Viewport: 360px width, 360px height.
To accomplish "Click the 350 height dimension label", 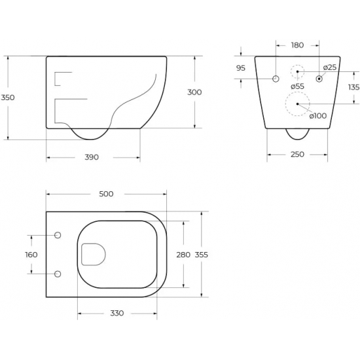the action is [x=8, y=98].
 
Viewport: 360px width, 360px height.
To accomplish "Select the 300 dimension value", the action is [x=194, y=92].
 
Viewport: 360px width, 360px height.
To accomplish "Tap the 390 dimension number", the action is [x=92, y=157].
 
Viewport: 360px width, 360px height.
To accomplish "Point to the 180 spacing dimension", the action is [x=297, y=45].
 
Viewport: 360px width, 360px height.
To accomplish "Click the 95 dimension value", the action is [x=241, y=68].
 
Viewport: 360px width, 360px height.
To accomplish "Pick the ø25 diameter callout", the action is [x=330, y=67].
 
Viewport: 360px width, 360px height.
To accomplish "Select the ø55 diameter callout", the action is [x=297, y=86].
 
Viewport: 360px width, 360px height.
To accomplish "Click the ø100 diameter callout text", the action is [x=318, y=116].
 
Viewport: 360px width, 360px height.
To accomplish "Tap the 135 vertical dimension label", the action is [x=354, y=87].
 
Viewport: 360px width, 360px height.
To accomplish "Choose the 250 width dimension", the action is [x=297, y=154].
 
